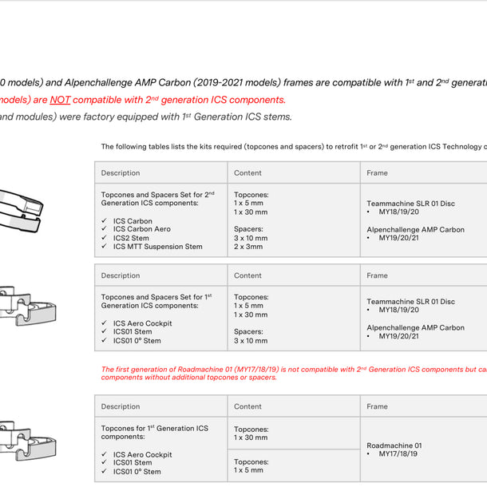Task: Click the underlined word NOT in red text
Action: tap(60, 101)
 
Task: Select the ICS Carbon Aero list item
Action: tap(141, 229)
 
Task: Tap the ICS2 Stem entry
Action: tap(131, 238)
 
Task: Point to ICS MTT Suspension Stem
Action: tap(157, 247)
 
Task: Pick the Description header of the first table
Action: tap(121, 173)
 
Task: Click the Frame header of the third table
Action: tap(377, 406)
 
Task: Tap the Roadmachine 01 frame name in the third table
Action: tap(394, 445)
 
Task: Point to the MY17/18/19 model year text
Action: tap(398, 454)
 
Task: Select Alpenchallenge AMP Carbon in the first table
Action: tap(415, 230)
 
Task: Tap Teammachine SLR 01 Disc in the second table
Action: tap(410, 302)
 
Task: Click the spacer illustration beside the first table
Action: tap(20, 211)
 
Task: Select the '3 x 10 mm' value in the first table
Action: tap(251, 238)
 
